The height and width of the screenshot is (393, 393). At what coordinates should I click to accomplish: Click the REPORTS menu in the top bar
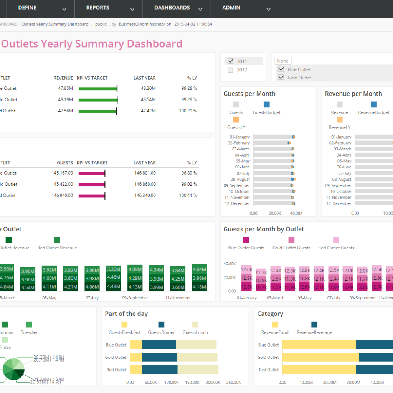pos(97,8)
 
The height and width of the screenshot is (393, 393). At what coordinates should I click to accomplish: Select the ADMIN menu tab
pos(231,8)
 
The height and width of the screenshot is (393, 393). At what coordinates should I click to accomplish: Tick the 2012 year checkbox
pos(230,70)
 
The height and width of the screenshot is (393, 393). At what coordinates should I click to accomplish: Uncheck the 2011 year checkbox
pos(230,61)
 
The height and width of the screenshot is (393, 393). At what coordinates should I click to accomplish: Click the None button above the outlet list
pos(282,61)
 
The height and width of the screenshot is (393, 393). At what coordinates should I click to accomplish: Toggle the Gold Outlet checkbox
pos(281,78)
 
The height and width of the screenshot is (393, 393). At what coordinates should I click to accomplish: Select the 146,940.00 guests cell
pos(62,195)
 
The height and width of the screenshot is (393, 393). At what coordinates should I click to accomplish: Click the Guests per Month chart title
pos(249,94)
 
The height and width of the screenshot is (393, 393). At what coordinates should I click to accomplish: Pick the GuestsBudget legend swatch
pos(267,104)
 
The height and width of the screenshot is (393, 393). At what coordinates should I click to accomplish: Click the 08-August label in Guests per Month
pos(240,179)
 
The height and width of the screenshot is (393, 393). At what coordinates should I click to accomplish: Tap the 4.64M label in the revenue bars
pos(199,269)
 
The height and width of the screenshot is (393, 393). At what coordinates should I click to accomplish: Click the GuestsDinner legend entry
pos(161,332)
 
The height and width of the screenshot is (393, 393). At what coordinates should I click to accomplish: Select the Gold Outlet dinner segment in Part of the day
pos(159,357)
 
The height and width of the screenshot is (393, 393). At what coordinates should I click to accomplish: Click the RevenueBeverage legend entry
pos(314,332)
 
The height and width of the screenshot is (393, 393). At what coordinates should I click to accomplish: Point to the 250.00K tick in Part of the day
pos(234,382)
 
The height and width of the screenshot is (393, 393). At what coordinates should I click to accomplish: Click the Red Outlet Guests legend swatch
pos(336,240)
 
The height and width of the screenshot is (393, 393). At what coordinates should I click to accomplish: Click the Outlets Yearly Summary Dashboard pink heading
pos(91,44)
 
